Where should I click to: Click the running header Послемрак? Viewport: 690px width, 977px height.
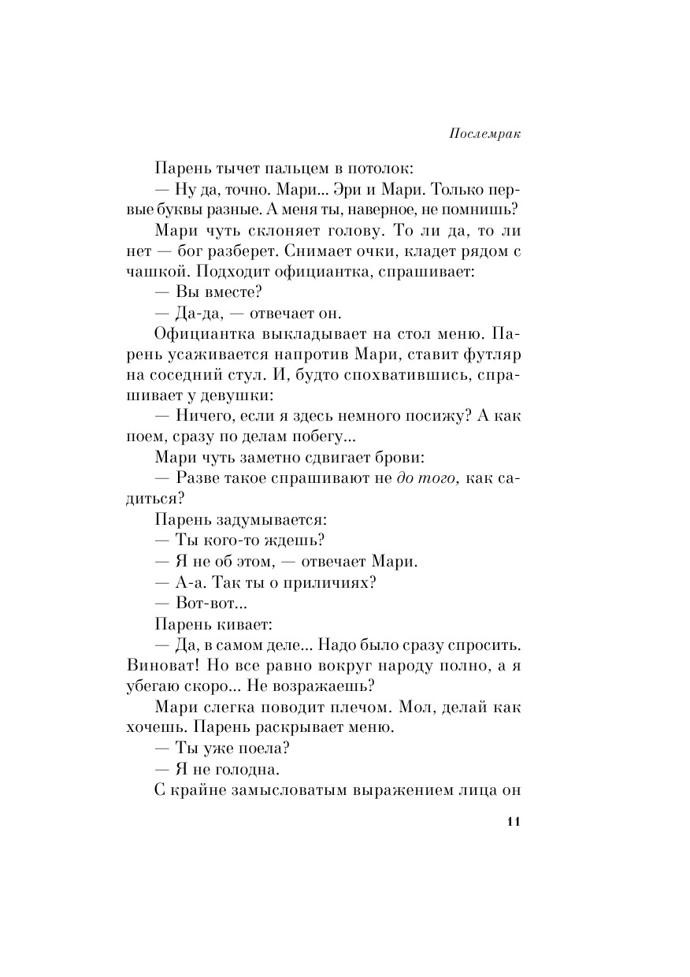[487, 133]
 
